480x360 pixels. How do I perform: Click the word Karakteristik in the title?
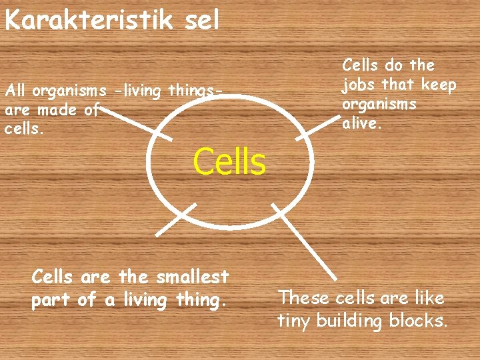pyautogui.click(x=87, y=20)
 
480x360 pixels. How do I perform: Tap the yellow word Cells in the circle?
pyautogui.click(x=229, y=161)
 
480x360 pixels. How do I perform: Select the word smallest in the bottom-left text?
pyautogui.click(x=190, y=277)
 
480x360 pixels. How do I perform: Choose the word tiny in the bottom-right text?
pyautogui.click(x=294, y=321)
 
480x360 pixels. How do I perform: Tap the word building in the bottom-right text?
pyautogui.click(x=351, y=321)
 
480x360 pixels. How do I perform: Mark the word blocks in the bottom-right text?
pyautogui.click(x=422, y=321)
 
